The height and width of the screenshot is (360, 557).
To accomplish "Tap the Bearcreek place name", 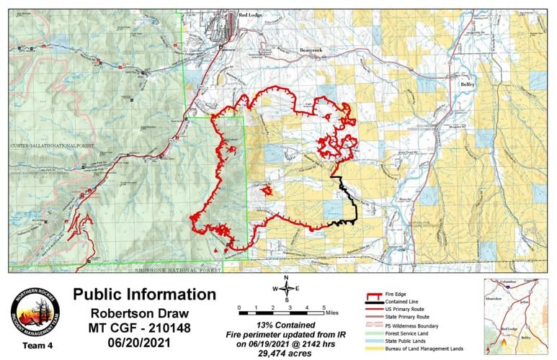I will [315, 50].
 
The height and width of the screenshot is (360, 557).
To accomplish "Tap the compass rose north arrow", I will [286, 288].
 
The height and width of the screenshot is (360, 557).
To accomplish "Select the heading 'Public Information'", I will [144, 294].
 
